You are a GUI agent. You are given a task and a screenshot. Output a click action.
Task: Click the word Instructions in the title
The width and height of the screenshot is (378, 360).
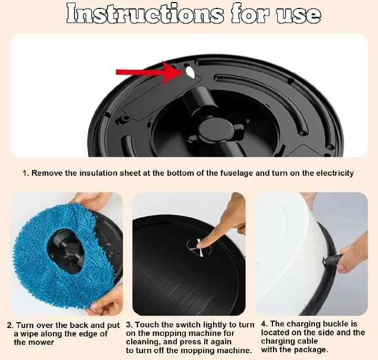coord(145,14)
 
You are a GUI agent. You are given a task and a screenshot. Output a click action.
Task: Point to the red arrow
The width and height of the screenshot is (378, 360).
coord(148,72)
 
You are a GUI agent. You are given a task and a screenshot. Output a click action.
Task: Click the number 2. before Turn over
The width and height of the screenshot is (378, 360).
coord(10,325)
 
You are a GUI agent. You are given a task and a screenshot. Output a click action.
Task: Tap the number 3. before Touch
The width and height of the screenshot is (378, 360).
coord(129,325)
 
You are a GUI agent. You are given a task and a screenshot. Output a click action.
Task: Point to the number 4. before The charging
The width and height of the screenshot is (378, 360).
coord(265,324)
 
